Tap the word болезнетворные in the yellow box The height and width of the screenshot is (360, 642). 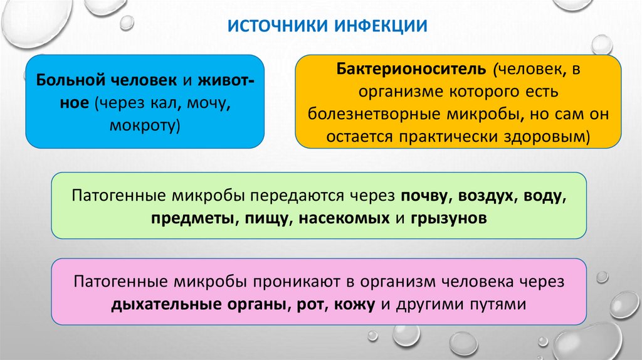(x=371, y=114)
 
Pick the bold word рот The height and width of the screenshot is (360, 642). (x=306, y=305)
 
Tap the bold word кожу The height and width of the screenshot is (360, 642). (x=352, y=305)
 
